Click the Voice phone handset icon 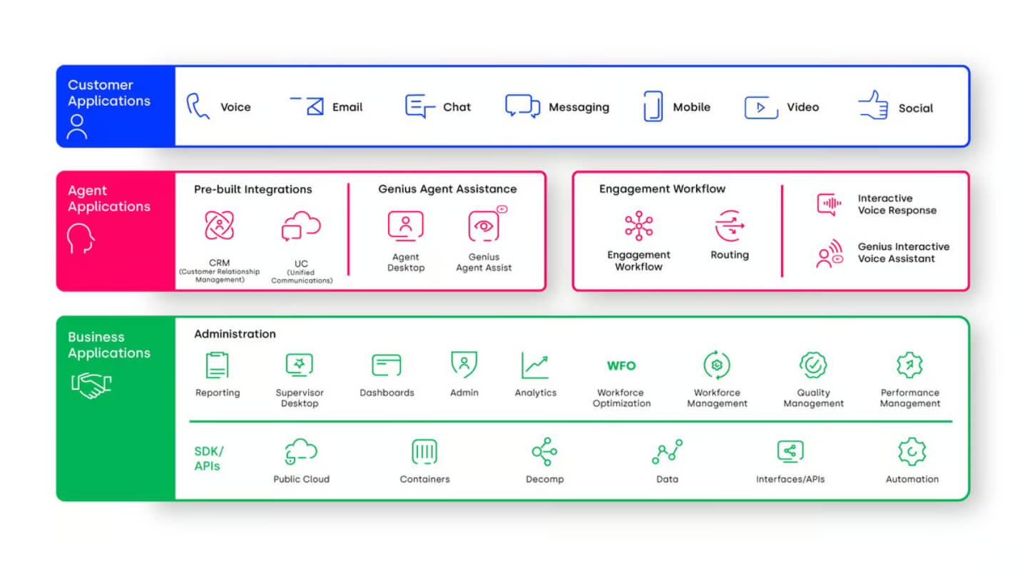pos(198,106)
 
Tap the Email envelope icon pos(307,106)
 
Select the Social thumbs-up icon pos(873,105)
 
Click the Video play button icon pos(761,107)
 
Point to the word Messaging pos(579,107)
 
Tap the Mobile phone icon pos(653,106)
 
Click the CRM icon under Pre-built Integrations pos(219,226)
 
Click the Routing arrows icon pos(730,226)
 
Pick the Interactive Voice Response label pos(897,204)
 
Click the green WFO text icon pos(621,365)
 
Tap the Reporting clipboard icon pos(217,365)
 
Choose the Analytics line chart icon pos(535,365)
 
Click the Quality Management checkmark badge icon pos(813,365)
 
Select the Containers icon pos(424,452)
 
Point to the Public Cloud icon pos(301,451)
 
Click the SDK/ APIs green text pos(209,458)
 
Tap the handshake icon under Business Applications pos(91,385)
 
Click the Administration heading pos(235,334)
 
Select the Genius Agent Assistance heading pos(447,189)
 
